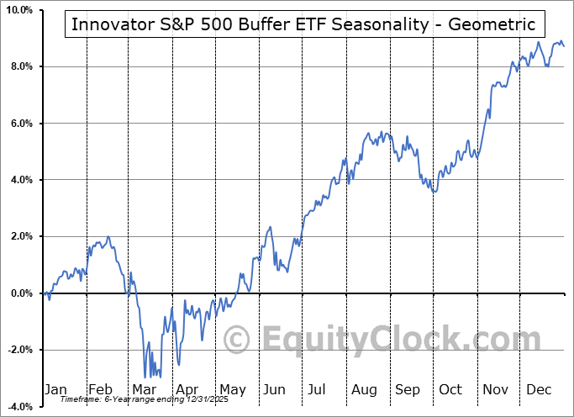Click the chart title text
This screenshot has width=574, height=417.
[303, 24]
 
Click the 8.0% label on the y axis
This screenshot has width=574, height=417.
[21, 66]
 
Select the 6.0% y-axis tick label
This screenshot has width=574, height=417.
[21, 124]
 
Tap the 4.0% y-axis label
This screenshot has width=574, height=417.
[21, 180]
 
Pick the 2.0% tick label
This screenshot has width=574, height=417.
[21, 237]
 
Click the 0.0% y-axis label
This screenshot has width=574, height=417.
[21, 293]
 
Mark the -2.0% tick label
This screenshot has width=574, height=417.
[19, 351]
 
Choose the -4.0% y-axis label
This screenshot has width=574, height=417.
[19, 407]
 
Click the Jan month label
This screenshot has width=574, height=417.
[55, 389]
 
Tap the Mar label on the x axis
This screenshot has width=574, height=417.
[144, 389]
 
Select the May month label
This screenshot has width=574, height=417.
[232, 389]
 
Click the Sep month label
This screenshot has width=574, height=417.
[408, 389]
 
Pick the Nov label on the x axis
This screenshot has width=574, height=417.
[496, 389]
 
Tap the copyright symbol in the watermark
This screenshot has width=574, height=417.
[237, 340]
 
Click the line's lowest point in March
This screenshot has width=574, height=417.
[145, 377]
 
